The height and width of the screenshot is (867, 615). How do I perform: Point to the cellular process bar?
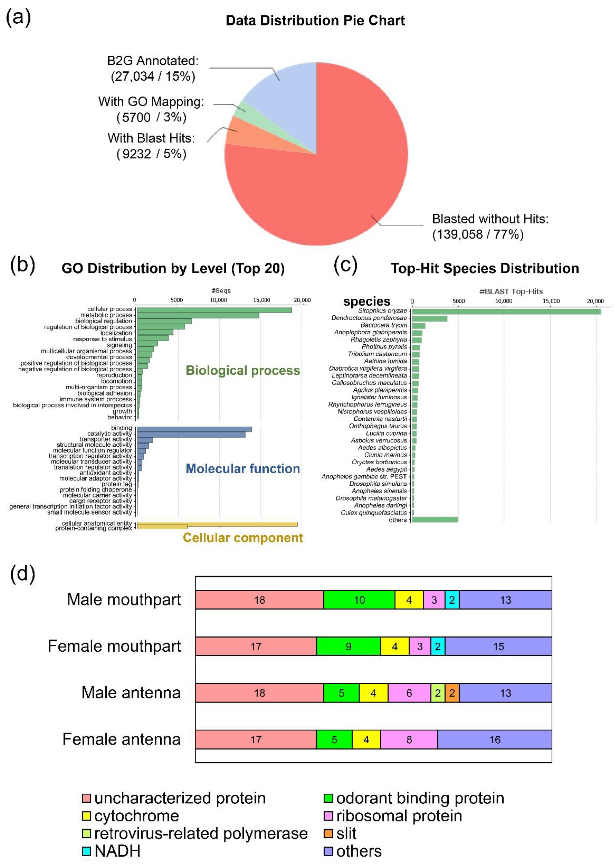pyautogui.click(x=214, y=310)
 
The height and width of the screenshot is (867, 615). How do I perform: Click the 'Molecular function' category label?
pyautogui.click(x=243, y=469)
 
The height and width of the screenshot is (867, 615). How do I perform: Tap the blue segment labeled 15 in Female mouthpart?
pyautogui.click(x=498, y=646)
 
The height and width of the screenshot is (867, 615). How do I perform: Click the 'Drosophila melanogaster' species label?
pyautogui.click(x=371, y=498)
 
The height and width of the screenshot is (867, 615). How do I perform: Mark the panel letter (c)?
pyautogui.click(x=345, y=266)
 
